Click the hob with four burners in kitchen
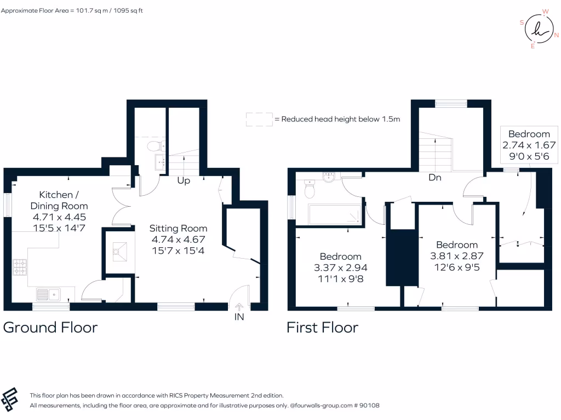click(x=20, y=267)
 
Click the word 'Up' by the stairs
click(x=184, y=180)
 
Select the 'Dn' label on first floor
click(x=435, y=178)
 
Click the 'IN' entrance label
click(x=239, y=317)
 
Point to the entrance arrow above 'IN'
click(x=239, y=307)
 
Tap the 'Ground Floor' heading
click(x=50, y=328)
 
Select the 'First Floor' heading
click(x=322, y=328)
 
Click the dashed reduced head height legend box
click(x=259, y=119)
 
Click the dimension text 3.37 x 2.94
click(x=340, y=267)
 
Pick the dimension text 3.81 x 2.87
click(x=456, y=255)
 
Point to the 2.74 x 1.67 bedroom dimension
click(x=529, y=145)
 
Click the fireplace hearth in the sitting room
click(x=119, y=251)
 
